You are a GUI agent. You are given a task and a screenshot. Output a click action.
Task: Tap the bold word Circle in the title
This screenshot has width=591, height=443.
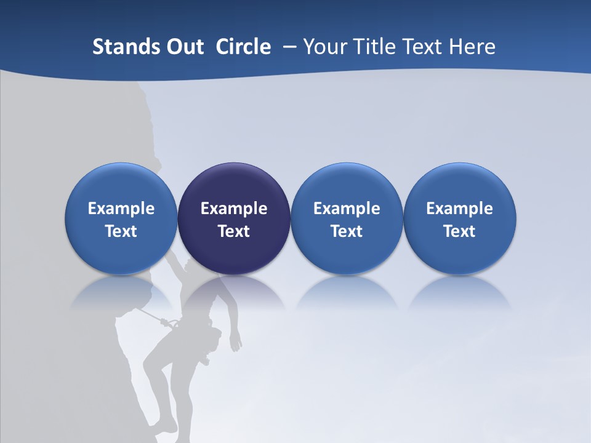click(x=243, y=47)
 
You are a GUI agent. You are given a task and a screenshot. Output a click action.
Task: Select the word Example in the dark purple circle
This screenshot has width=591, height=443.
click(x=234, y=209)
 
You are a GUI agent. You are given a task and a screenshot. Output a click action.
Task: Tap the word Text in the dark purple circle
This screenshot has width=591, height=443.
click(x=234, y=231)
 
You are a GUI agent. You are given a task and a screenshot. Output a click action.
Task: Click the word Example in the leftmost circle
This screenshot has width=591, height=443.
click(x=121, y=209)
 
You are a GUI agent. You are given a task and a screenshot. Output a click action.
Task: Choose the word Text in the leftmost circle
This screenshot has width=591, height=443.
click(x=121, y=231)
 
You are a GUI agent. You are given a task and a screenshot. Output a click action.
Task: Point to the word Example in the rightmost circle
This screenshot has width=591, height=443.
click(x=459, y=209)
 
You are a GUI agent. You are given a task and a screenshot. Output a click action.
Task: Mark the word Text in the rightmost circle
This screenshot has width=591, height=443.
click(x=459, y=231)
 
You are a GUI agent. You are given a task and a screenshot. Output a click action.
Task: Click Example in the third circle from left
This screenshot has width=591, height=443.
click(x=347, y=209)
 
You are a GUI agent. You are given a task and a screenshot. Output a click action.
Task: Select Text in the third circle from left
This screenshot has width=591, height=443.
click(x=347, y=231)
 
